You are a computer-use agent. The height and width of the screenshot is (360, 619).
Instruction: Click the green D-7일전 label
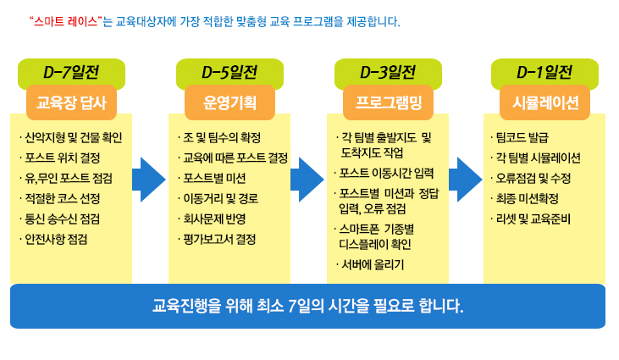coord(71,72)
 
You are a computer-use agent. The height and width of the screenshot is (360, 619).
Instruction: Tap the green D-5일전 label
coord(229,72)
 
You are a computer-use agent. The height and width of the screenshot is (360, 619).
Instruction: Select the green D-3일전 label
coord(388,72)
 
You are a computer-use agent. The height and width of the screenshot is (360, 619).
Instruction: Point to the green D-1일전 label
coord(544,72)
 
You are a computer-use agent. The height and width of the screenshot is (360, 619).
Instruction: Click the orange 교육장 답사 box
coord(71,102)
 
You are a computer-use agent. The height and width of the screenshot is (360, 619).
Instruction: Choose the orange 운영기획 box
coord(229,102)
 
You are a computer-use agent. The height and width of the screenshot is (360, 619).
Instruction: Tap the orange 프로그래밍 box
coord(388,102)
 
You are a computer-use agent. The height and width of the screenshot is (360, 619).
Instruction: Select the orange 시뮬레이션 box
coord(544,102)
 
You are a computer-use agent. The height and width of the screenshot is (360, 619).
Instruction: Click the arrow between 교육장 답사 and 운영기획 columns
coord(149,180)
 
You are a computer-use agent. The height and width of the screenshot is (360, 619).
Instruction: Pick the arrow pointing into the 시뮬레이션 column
coord(466,180)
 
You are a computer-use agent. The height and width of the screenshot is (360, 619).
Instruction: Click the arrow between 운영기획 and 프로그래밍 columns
coord(307,180)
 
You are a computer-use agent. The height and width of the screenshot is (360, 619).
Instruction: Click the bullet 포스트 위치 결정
coord(60,158)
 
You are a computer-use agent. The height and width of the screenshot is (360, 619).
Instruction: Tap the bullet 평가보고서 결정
coord(217,239)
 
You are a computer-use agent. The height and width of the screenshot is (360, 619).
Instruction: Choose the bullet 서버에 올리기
coord(370,264)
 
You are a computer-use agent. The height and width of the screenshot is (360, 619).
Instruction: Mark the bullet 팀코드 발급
coord(520,137)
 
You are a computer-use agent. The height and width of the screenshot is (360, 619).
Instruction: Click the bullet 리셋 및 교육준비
coord(531,219)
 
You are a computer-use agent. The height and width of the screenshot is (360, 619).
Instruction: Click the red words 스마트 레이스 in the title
coord(65,21)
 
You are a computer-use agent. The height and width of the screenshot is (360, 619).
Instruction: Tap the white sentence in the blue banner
coord(308,306)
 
